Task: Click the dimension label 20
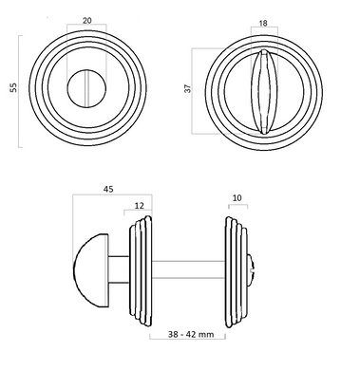pos(87,21)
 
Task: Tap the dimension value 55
pos(13,87)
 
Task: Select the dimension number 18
pos(263,23)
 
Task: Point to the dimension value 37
pos(188,88)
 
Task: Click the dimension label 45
pos(108,189)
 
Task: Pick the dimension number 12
pos(139,206)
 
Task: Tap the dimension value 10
pos(237,198)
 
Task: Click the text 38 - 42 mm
pos(191,334)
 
